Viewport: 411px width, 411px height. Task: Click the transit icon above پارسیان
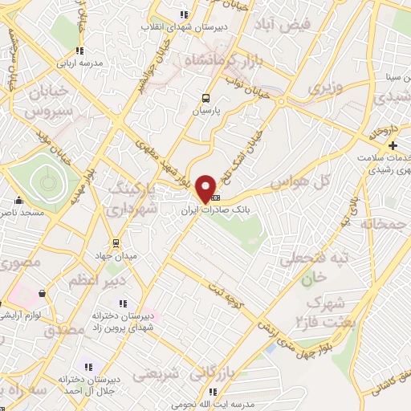(205, 100)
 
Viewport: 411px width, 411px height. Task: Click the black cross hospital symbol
(393, 145)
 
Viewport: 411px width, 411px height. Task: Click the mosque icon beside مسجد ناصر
(18, 200)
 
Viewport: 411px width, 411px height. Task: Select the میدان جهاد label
(116, 256)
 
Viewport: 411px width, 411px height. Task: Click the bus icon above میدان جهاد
(116, 242)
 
